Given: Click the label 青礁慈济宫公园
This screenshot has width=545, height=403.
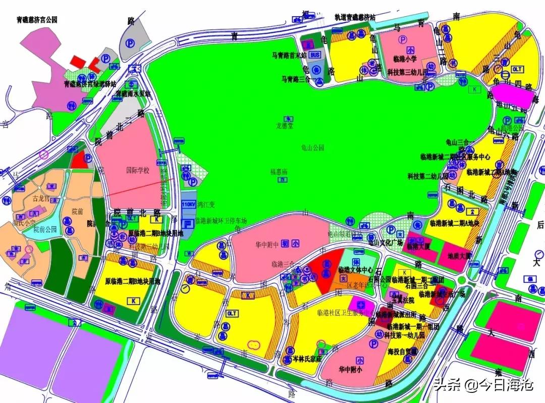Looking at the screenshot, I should click(37, 20).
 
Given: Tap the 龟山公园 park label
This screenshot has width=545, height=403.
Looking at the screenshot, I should click(312, 147).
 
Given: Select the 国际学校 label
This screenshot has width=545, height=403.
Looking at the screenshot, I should click(138, 171).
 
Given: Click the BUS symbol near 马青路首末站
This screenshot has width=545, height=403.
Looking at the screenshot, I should click(315, 55).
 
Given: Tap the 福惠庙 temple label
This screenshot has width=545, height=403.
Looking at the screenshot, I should click(278, 172).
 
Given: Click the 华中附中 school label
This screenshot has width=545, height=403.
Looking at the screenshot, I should click(266, 244).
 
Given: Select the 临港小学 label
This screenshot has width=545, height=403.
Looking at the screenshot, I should click(405, 59).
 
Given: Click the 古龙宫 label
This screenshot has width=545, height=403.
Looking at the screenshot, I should click(42, 198).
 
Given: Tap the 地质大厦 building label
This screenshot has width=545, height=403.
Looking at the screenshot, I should click(459, 256).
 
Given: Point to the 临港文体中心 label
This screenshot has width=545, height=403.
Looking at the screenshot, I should click(356, 270).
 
